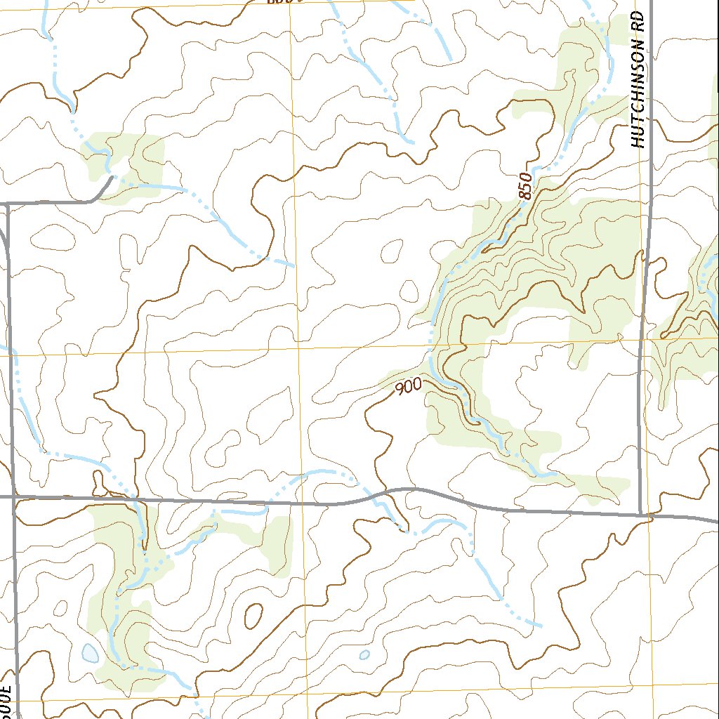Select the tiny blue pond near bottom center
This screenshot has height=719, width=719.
pyautogui.click(x=364, y=654)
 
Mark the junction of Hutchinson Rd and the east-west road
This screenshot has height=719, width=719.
pyautogui.click(x=642, y=514)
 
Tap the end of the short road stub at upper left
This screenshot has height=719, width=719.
pyautogui.click(x=112, y=177)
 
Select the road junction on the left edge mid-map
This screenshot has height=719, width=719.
pyautogui.click(x=13, y=497)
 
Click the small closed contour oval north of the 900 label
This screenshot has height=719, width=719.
pyautogui.click(x=390, y=250)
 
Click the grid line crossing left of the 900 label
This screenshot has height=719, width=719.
pyautogui.click(x=299, y=347)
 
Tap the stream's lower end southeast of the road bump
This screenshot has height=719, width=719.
pyautogui.click(x=541, y=624)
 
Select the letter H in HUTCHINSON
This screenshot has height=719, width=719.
pyautogui.click(x=638, y=143)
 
